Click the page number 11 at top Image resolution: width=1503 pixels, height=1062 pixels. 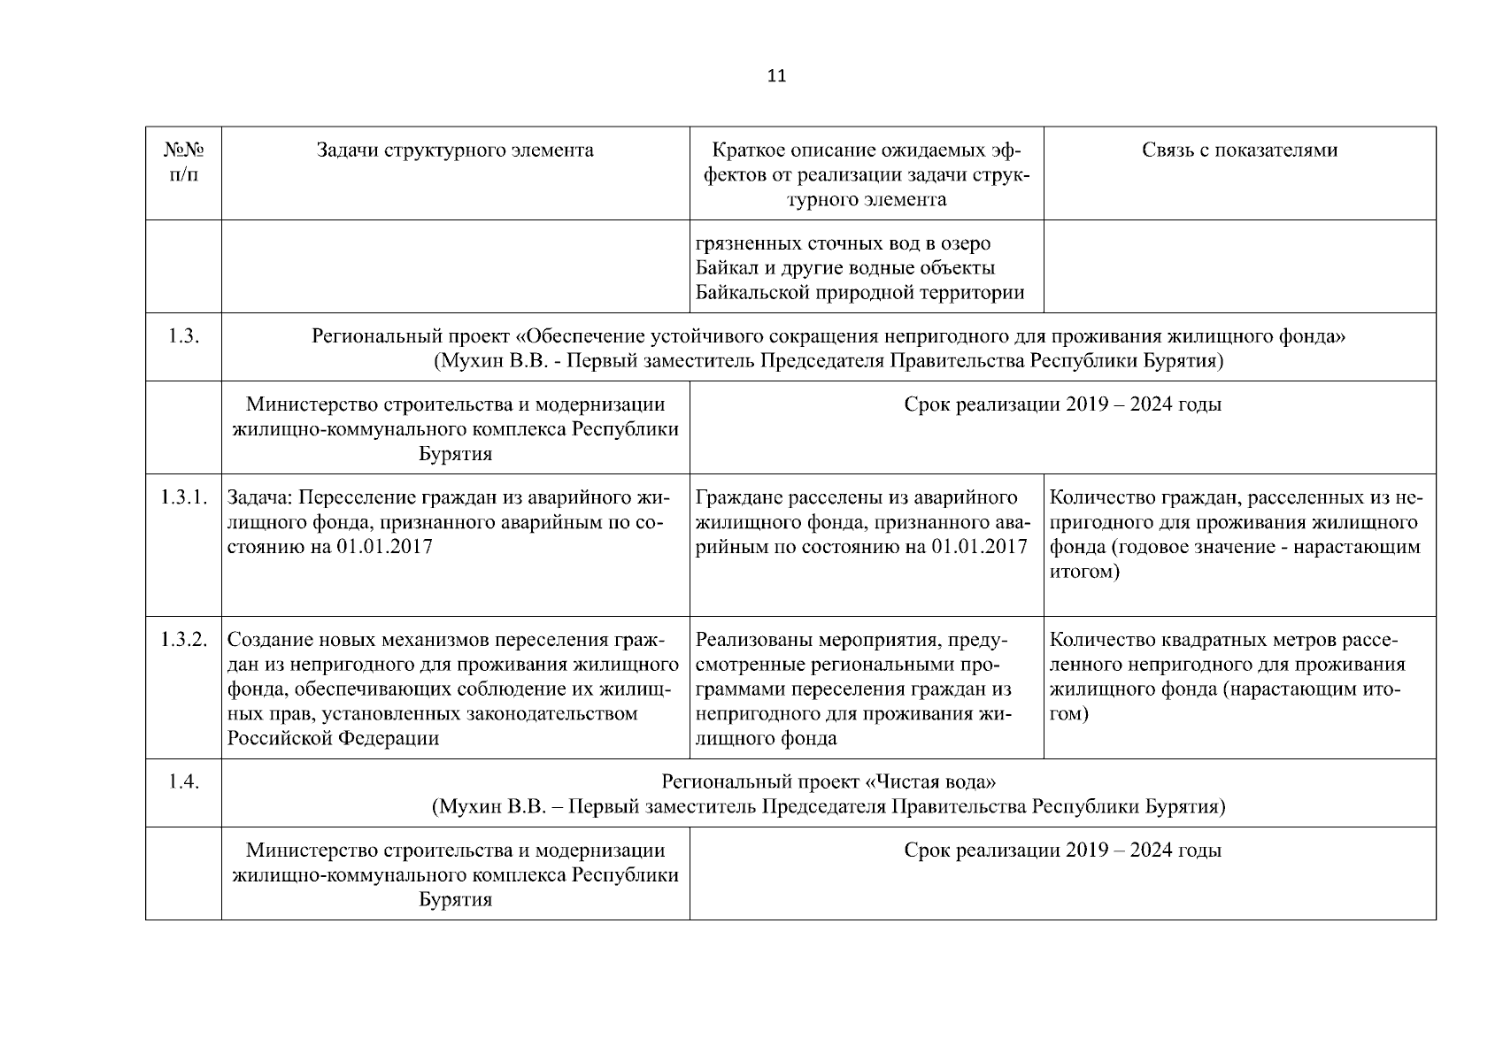pyautogui.click(x=775, y=76)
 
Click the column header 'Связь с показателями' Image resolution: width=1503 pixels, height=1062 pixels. pyautogui.click(x=1239, y=150)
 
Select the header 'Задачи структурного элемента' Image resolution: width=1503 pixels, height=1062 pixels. pyautogui.click(x=455, y=150)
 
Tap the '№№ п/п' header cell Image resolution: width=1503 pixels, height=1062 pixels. pyautogui.click(x=183, y=162)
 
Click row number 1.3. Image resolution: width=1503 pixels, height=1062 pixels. pyautogui.click(x=183, y=336)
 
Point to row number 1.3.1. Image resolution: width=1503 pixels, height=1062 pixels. pyautogui.click(x=183, y=497)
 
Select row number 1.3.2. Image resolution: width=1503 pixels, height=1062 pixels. pyautogui.click(x=183, y=640)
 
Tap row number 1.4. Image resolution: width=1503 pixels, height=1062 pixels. pyautogui.click(x=183, y=782)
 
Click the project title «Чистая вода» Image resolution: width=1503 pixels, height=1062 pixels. pyautogui.click(x=930, y=782)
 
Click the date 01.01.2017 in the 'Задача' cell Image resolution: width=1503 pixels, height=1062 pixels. pyautogui.click(x=384, y=547)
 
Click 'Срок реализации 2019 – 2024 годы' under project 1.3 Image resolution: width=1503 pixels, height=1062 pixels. pyautogui.click(x=1062, y=404)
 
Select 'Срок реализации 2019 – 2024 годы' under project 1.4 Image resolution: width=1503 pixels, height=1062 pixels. pyautogui.click(x=1062, y=850)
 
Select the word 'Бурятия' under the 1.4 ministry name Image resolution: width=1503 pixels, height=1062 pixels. pyautogui.click(x=455, y=900)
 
